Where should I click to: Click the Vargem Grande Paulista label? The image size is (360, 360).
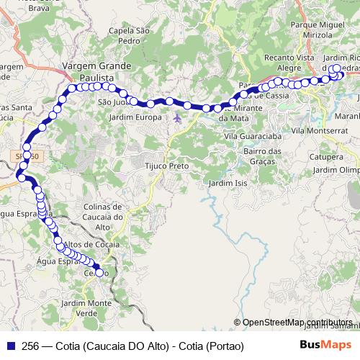pos(97,71)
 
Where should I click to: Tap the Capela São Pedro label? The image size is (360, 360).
pos(128,36)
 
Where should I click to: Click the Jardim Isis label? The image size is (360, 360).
pos(225,184)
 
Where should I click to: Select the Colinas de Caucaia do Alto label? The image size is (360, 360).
pos(104,216)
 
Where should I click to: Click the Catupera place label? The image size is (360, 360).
pos(325,156)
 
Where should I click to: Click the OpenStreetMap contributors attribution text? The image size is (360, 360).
pos(297,323)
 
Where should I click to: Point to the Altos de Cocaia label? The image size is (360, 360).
pos(91,246)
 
